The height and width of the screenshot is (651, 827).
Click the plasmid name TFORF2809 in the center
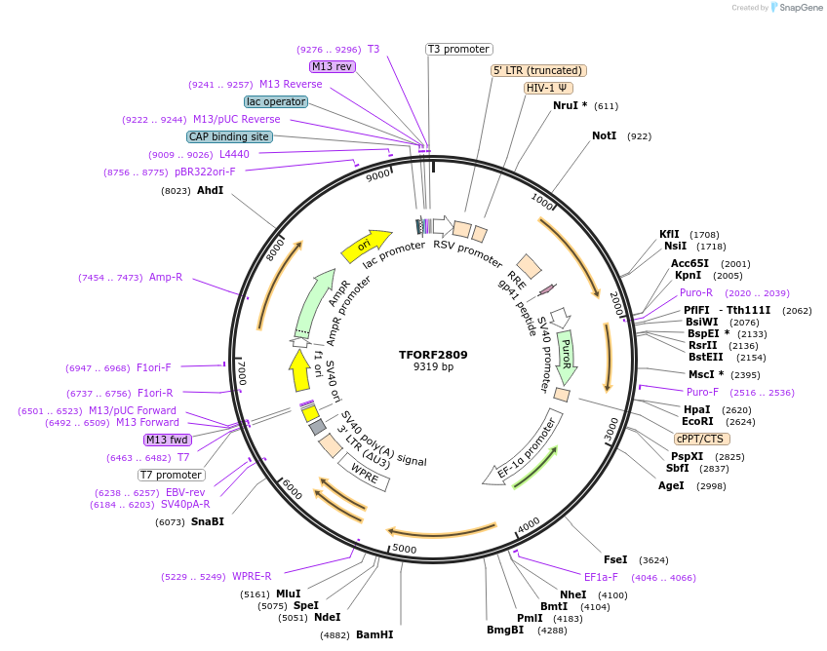[433, 354]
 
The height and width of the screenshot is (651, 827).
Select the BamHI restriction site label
[374, 634]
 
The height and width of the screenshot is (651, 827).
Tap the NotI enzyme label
[605, 135]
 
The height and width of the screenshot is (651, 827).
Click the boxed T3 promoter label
[459, 49]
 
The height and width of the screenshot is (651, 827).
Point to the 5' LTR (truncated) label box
[537, 70]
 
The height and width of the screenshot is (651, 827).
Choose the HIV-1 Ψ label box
[548, 88]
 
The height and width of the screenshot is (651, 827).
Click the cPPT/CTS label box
[699, 439]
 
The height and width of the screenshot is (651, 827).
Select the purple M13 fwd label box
[168, 440]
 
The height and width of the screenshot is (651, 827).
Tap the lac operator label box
[276, 101]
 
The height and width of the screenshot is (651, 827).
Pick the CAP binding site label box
[229, 136]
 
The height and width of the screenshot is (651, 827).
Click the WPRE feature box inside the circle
[363, 474]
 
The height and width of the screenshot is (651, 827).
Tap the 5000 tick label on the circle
[404, 549]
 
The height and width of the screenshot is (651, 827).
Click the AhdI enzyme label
[210, 190]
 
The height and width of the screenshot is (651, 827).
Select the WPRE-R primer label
[252, 576]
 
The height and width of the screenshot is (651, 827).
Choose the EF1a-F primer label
[601, 576]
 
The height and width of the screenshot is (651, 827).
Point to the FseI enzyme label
[615, 560]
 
